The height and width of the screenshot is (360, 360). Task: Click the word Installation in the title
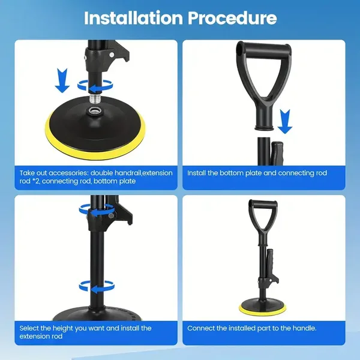(x=133, y=18)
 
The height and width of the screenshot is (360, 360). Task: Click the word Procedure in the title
(x=232, y=19)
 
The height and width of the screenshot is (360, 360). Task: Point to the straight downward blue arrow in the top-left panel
(x=62, y=80)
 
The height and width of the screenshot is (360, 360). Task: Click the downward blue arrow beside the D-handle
(x=285, y=121)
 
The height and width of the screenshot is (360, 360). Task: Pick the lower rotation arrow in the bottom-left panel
(x=97, y=287)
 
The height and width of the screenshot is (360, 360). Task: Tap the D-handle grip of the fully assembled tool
(x=263, y=204)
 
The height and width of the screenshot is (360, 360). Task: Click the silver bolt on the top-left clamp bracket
(x=112, y=55)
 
